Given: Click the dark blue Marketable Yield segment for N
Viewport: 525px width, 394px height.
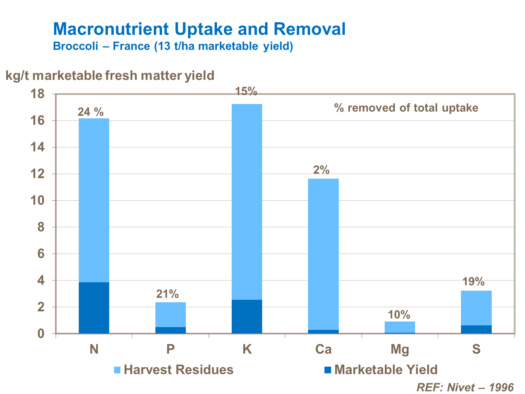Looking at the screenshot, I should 94,307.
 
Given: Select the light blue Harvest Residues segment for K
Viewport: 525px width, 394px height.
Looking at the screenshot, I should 247,201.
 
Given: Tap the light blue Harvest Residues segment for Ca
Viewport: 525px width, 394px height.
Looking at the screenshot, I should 323,254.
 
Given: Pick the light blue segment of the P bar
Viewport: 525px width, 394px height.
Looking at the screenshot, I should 170,314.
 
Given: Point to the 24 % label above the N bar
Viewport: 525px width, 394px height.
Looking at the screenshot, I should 91,112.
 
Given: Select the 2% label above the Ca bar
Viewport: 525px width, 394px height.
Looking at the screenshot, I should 321,170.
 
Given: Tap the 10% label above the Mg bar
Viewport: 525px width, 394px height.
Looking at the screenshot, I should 399,315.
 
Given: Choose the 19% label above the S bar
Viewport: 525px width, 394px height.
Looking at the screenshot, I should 474,282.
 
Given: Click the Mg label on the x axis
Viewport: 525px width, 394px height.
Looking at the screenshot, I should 400,350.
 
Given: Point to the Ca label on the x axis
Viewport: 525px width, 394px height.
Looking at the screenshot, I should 323,350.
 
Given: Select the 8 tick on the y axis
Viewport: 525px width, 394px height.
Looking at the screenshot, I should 41,227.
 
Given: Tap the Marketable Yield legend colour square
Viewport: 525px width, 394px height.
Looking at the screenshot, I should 328,370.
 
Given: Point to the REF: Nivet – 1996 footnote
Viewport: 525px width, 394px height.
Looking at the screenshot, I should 465,387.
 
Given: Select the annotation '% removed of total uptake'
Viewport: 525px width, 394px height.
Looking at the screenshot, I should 406,108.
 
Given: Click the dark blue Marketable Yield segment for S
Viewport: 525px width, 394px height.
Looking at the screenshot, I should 476,329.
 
